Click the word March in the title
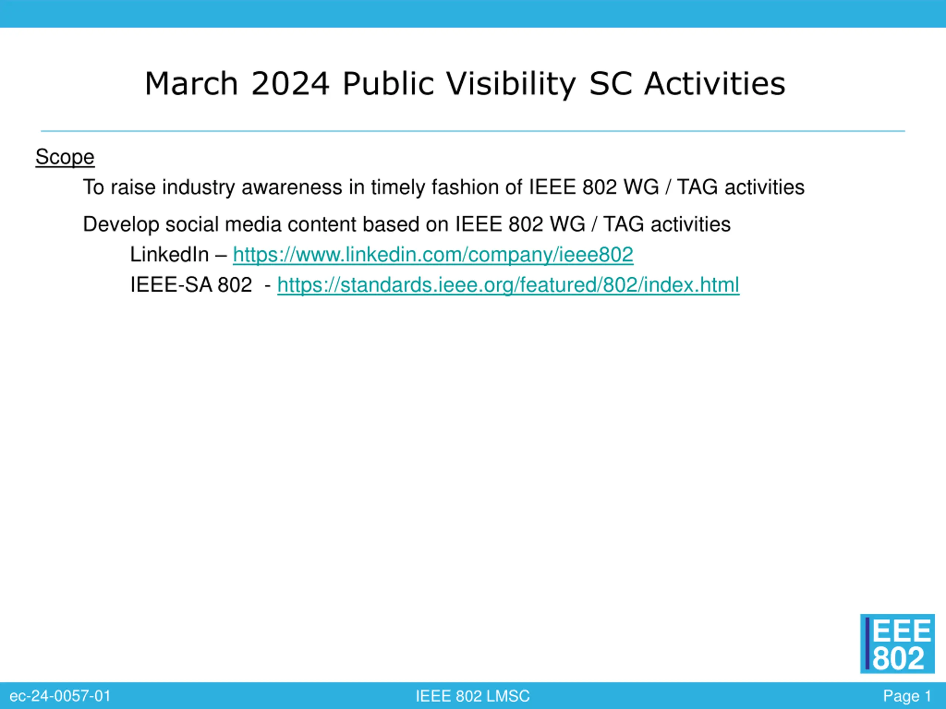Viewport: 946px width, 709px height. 191,83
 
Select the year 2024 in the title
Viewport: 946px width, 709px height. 290,83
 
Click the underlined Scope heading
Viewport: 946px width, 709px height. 65,157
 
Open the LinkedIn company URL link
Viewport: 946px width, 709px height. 433,255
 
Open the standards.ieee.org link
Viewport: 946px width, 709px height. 508,285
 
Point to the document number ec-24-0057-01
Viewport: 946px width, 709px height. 60,696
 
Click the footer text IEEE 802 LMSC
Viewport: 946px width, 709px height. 473,696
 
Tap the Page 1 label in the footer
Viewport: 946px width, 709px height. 907,696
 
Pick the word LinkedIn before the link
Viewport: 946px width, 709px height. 169,255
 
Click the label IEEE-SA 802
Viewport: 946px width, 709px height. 191,285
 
